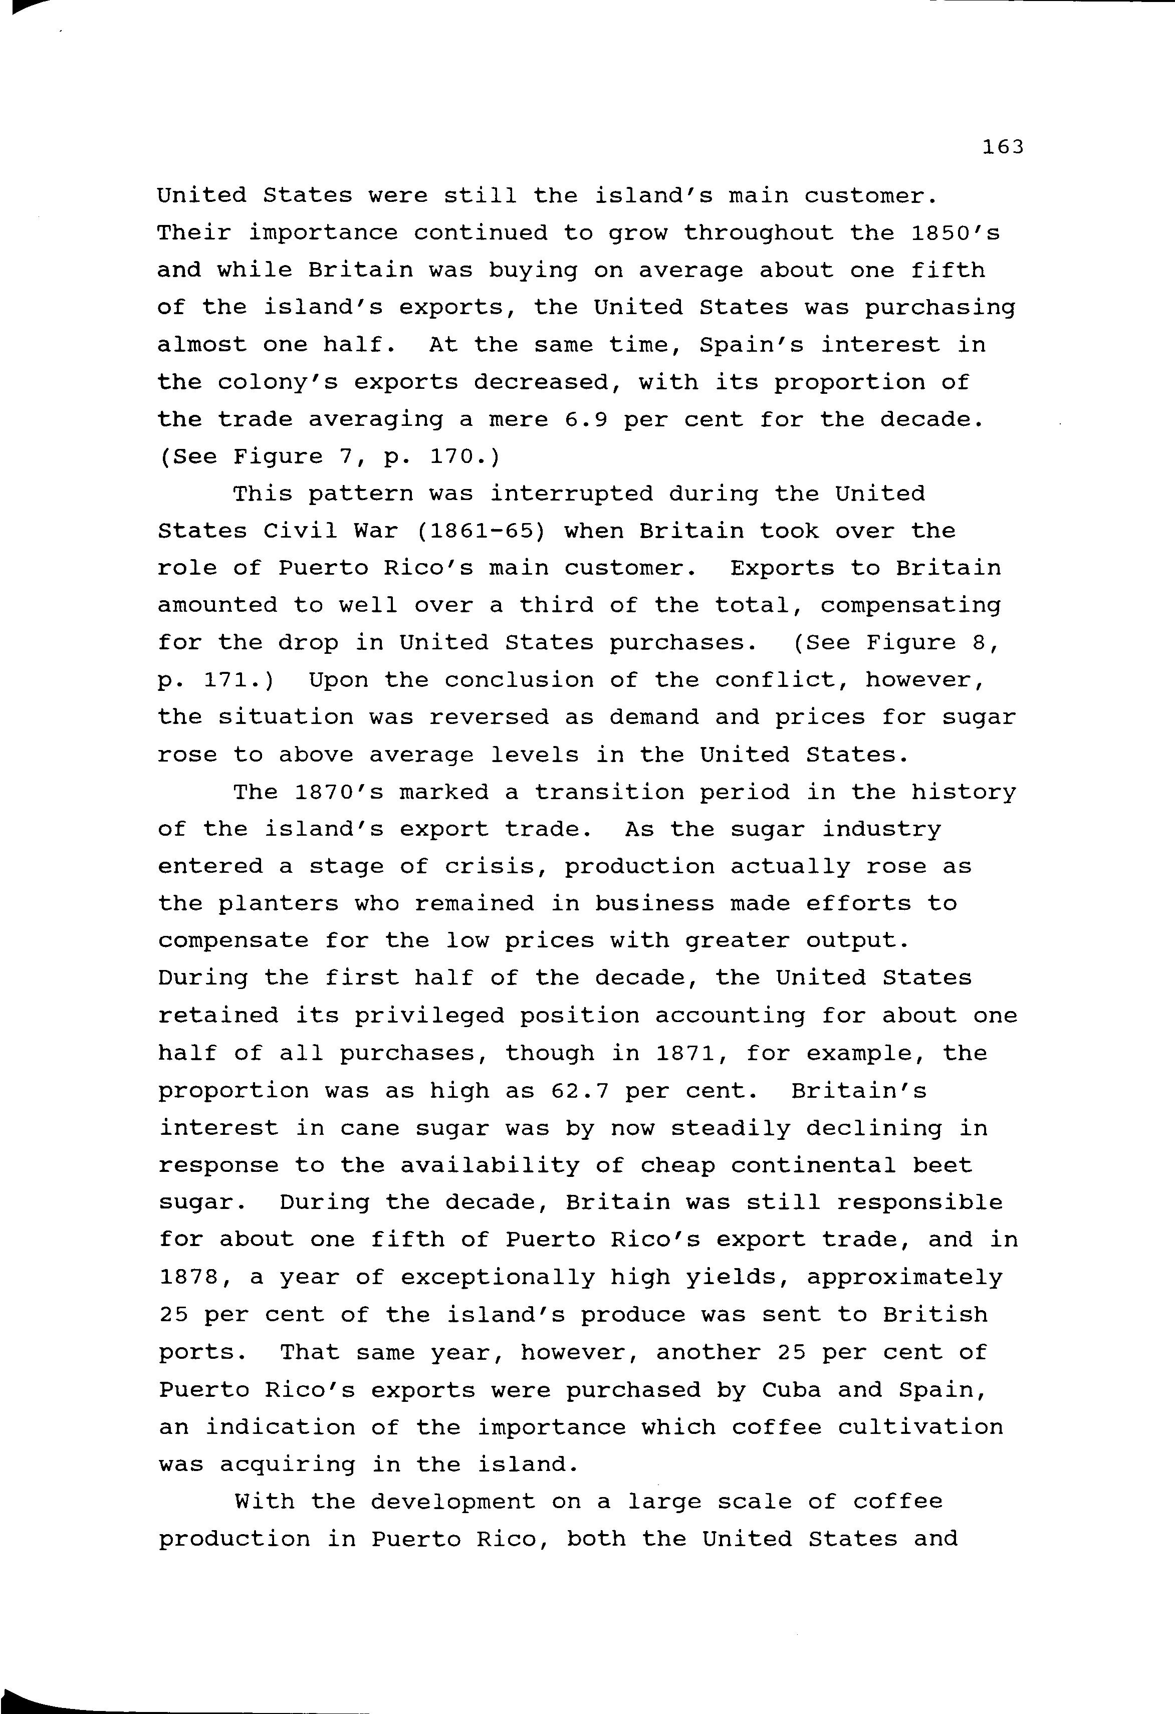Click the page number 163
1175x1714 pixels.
pyautogui.click(x=1003, y=147)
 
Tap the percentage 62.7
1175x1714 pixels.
pyautogui.click(x=579, y=1091)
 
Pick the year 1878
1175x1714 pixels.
pyautogui.click(x=188, y=1278)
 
